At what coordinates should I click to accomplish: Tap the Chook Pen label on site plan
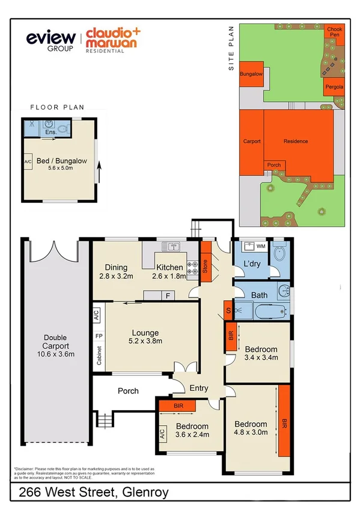pos(334,31)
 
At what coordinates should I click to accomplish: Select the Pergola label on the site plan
pos(334,87)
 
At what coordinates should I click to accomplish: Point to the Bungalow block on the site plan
pos(251,75)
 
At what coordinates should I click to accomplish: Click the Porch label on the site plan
pos(273,165)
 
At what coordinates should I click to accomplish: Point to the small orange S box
pos(228,310)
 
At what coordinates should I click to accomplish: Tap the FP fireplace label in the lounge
pos(99,336)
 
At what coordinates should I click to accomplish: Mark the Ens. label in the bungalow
pos(51,131)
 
